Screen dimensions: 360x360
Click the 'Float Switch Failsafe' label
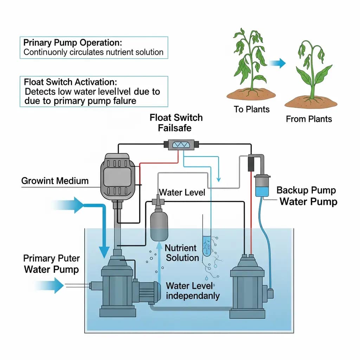(x=176, y=122)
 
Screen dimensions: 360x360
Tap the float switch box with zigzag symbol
(x=181, y=144)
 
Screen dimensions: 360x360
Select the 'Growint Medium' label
(x=55, y=181)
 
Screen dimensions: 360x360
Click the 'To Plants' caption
(x=251, y=109)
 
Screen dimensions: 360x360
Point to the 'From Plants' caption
(x=309, y=119)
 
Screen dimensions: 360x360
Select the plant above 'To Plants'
(x=250, y=63)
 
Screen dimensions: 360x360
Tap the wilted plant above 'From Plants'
(x=311, y=72)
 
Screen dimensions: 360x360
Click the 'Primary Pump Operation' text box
(x=93, y=47)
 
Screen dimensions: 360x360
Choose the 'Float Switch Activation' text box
(x=93, y=91)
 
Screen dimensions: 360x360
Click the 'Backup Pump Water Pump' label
(x=307, y=196)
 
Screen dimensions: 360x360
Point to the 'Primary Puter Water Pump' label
(x=51, y=264)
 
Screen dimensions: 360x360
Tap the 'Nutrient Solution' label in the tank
(x=182, y=253)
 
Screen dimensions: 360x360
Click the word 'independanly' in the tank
(x=192, y=296)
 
